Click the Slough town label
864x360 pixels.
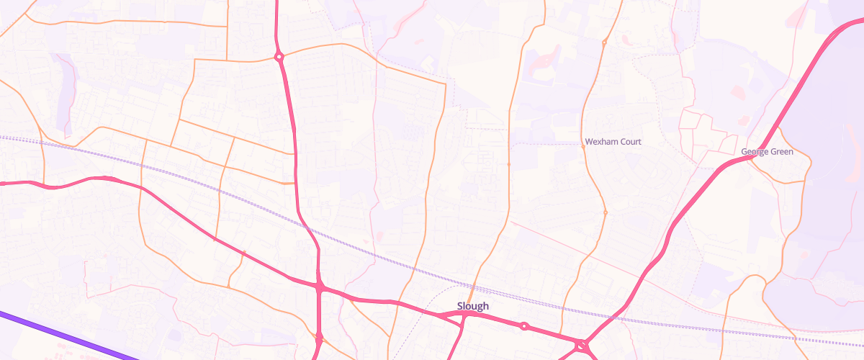pyautogui.click(x=473, y=306)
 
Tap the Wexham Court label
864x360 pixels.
pyautogui.click(x=613, y=142)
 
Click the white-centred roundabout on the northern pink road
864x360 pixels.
pyautogui.click(x=279, y=56)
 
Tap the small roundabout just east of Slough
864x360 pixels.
pyautogui.click(x=524, y=326)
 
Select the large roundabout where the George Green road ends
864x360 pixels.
pyautogui.click(x=581, y=346)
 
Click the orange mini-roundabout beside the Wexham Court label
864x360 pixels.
pyautogui.click(x=582, y=145)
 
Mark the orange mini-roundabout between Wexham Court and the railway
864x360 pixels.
pyautogui.click(x=605, y=212)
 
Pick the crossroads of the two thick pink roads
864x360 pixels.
pyautogui.click(x=319, y=287)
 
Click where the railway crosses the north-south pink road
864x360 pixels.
pyautogui.click(x=308, y=228)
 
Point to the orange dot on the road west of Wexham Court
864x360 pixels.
pyautogui.click(x=509, y=164)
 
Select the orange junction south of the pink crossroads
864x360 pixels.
pyautogui.click(x=318, y=336)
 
